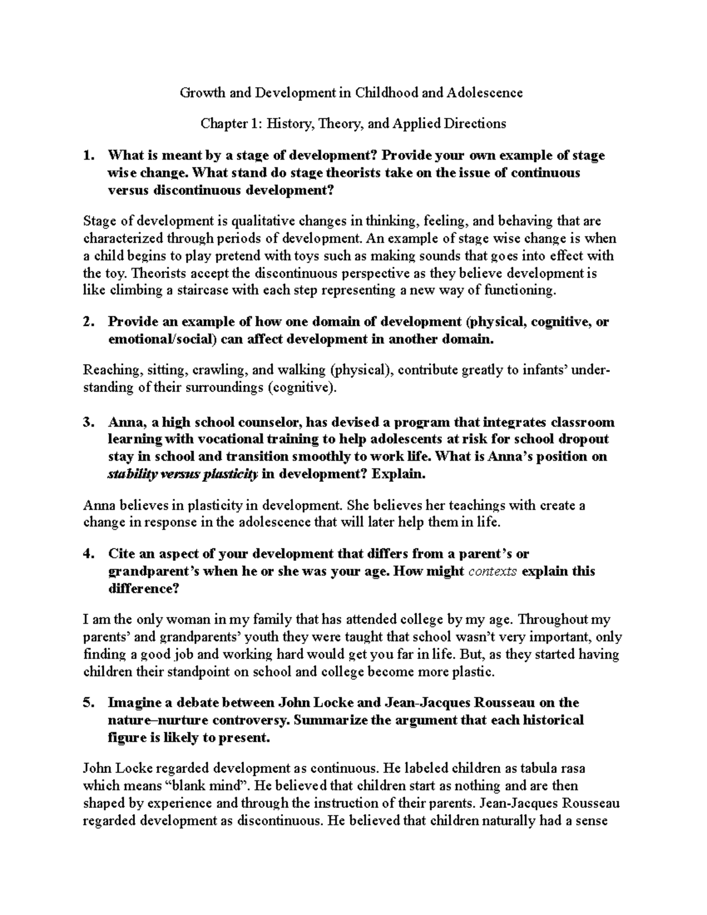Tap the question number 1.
88,156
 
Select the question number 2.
88,322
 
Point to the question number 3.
88,422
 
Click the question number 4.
88,553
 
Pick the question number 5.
88,702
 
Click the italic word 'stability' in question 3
131,474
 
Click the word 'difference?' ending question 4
143,588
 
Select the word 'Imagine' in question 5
133,702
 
